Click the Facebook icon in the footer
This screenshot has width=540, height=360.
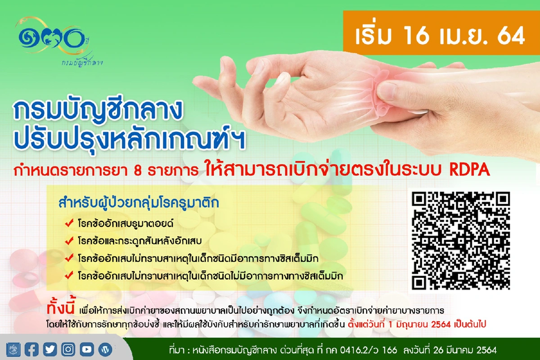pyautogui.click(x=32, y=349)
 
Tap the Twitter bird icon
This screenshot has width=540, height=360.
pyautogui.click(x=50, y=349)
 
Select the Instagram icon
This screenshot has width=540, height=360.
pyautogui.click(x=68, y=349)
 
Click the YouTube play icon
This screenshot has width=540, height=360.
pyautogui.click(x=87, y=349)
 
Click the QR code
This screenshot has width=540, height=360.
pyautogui.click(x=461, y=240)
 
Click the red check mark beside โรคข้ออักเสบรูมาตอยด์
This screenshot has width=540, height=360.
pyautogui.click(x=69, y=223)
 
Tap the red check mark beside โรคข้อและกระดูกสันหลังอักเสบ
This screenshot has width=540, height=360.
pyautogui.click(x=69, y=240)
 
